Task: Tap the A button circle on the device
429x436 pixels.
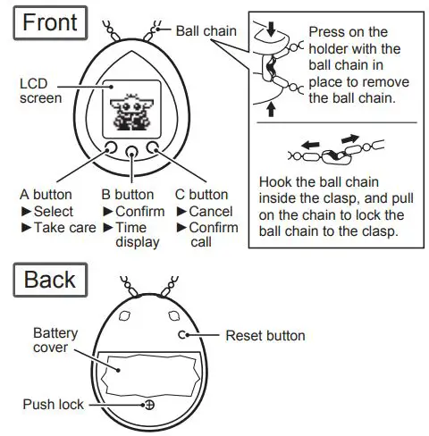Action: (110, 148)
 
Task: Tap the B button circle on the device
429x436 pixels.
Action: (131, 151)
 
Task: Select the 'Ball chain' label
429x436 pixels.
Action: (206, 31)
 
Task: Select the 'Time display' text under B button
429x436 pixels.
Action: (138, 234)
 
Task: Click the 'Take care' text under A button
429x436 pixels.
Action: (64, 227)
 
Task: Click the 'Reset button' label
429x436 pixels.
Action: (265, 336)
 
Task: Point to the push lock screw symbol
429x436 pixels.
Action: (149, 404)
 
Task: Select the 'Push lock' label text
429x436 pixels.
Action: (53, 404)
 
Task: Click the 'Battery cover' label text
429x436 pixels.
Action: (55, 340)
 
